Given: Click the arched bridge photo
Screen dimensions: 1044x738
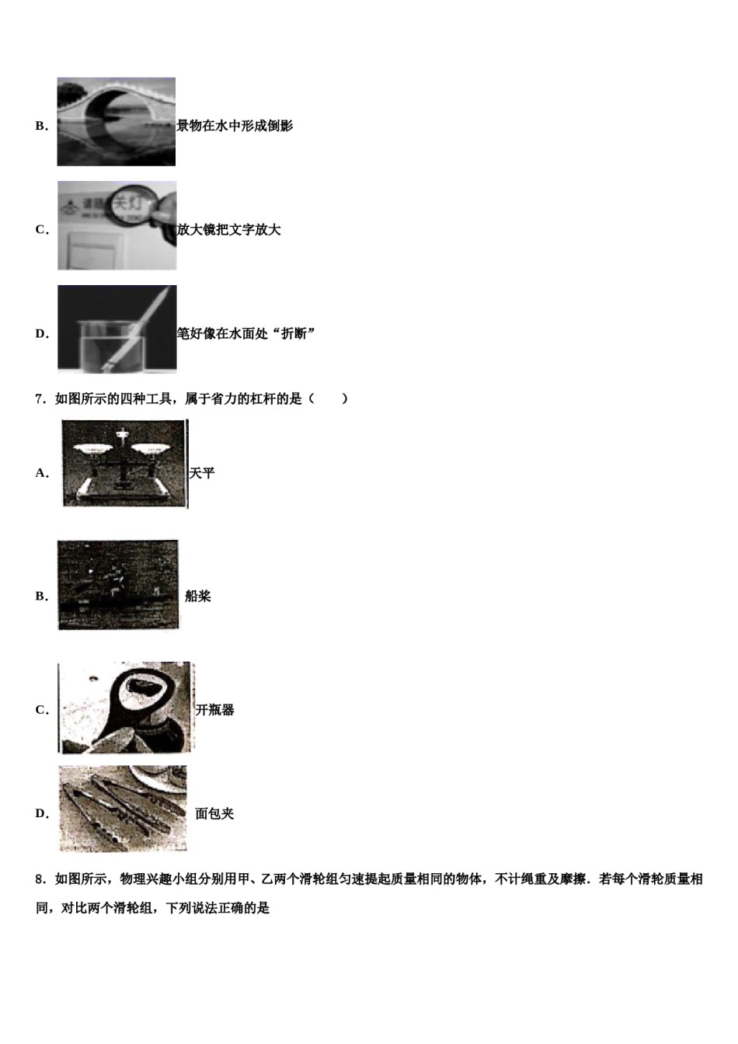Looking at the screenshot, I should click(117, 122).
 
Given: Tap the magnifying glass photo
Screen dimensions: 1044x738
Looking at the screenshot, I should click(117, 226).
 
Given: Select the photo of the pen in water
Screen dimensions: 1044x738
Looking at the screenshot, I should click(117, 329).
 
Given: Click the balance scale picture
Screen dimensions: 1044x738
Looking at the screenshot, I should click(124, 464).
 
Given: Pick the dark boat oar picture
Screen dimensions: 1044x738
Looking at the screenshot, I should click(118, 585).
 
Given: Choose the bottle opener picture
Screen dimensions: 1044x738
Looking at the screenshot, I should click(126, 708).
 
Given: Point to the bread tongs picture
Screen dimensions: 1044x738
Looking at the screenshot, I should click(123, 809).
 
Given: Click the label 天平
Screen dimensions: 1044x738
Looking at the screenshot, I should click(202, 473).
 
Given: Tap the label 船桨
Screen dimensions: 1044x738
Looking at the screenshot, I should click(198, 597).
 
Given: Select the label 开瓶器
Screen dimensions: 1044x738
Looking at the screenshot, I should click(215, 710).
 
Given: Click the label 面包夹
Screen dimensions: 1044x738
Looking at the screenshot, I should click(214, 814).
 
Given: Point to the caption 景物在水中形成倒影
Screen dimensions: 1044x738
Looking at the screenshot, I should click(235, 126).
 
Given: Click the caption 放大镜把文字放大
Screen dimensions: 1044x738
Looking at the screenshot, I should click(229, 230).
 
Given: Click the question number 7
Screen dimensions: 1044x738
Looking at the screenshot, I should click(40, 399).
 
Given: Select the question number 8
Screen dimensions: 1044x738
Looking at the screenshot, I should click(40, 879).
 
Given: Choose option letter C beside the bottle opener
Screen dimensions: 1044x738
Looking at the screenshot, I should click(41, 710).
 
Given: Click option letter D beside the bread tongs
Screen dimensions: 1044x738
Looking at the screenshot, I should click(41, 814).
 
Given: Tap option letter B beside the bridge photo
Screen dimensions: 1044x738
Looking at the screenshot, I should click(41, 126).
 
